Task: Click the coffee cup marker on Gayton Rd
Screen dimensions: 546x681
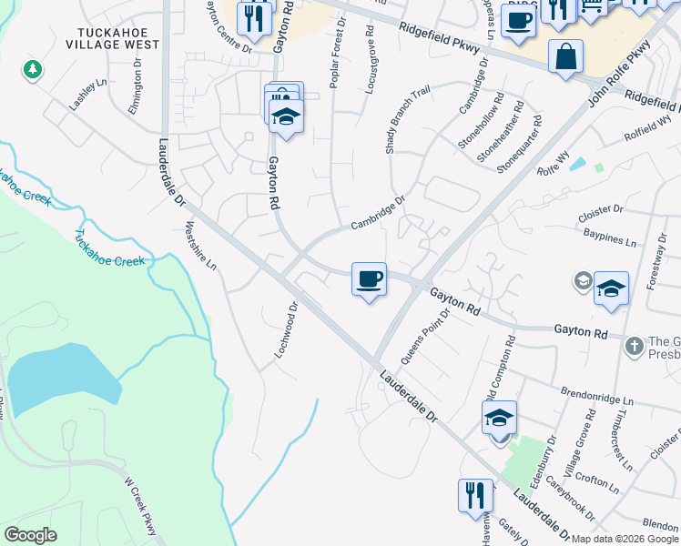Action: [x=369, y=279]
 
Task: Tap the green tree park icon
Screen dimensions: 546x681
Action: [x=33, y=69]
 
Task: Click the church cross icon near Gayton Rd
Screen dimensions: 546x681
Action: [x=635, y=345]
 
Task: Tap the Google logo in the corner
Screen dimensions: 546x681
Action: [x=31, y=535]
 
